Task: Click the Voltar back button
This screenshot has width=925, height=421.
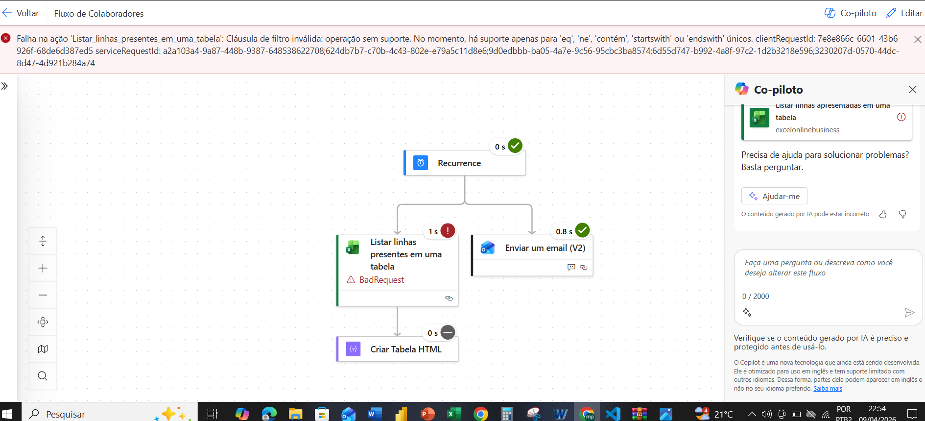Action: point(21,13)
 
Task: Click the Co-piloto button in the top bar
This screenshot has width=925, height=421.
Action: point(851,13)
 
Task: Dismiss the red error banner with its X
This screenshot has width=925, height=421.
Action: point(918,39)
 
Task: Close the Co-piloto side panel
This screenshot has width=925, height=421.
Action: point(912,90)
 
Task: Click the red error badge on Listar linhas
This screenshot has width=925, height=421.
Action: point(448,230)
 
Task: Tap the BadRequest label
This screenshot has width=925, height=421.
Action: point(381,280)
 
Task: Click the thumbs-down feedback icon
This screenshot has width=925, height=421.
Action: point(902,214)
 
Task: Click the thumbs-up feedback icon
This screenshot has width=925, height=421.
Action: point(883,214)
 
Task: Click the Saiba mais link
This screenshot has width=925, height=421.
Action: point(828,389)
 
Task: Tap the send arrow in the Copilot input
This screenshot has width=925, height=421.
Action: point(909,313)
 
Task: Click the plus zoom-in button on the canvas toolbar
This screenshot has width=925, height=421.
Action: point(43,268)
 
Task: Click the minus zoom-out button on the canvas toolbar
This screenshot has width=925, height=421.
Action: point(43,295)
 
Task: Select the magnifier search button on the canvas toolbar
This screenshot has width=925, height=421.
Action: point(43,376)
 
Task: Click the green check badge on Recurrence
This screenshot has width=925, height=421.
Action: point(515,146)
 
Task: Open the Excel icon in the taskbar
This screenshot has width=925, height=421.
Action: point(454,414)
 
